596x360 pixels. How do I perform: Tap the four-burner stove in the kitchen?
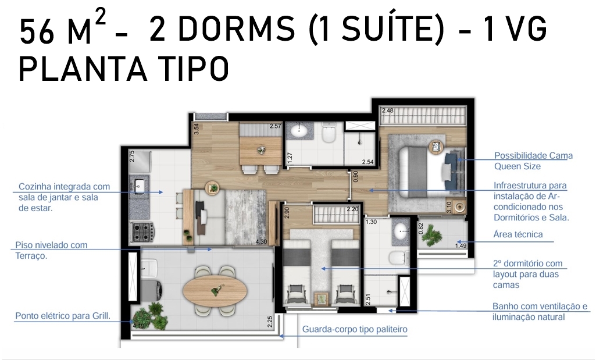[x=142, y=231]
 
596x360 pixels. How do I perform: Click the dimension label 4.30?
[x=261, y=241]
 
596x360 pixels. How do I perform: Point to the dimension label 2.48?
[x=388, y=111]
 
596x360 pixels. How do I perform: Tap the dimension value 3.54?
[x=196, y=129]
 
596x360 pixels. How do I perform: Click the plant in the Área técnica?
[x=431, y=235]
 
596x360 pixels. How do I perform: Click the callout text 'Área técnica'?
[x=518, y=234]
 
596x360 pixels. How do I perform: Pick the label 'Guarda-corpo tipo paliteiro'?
[x=355, y=329]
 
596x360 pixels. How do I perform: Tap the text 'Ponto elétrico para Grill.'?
[x=63, y=316]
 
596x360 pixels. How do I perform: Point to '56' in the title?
[x=37, y=33]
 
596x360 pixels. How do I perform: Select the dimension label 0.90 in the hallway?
[x=356, y=176]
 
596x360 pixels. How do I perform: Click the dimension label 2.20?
[x=352, y=209]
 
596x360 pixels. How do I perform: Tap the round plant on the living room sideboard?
[x=213, y=188]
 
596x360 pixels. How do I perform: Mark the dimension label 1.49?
[x=461, y=245]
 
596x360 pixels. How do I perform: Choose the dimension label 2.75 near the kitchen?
[x=132, y=156]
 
